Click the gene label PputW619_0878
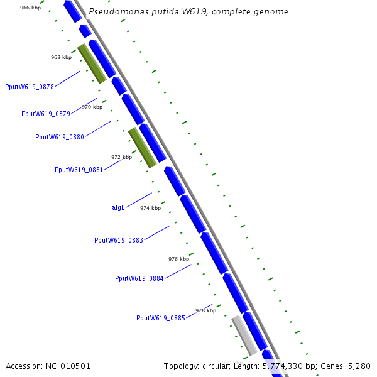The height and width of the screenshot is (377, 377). click(30, 87)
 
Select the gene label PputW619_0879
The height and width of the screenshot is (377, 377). click(46, 114)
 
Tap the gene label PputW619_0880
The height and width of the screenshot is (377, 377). click(60, 137)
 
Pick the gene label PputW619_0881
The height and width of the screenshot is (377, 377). click(79, 170)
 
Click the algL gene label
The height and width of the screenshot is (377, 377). click(118, 207)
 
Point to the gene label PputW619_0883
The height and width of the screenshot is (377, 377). click(119, 240)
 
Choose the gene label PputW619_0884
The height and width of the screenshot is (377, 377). click(139, 278)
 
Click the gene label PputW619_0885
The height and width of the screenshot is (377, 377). click(161, 318)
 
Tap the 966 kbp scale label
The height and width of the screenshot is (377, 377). click(31, 8)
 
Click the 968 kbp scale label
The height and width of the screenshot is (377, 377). click(61, 57)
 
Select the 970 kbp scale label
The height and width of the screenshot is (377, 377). click(92, 107)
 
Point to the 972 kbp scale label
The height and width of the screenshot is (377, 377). click(121, 157)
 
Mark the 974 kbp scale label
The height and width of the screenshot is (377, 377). click(150, 208)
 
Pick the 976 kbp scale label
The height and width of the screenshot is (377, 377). click(178, 259)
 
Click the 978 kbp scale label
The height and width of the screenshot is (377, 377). click(205, 310)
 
